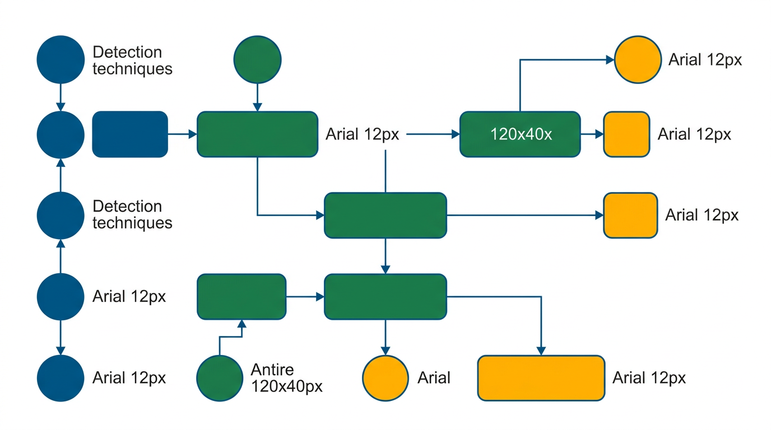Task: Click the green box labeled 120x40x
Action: click(x=520, y=134)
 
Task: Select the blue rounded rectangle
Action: click(x=130, y=134)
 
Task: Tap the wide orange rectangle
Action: click(x=541, y=378)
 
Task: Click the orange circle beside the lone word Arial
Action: click(x=386, y=378)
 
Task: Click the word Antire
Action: click(x=272, y=370)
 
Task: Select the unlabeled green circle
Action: click(x=257, y=59)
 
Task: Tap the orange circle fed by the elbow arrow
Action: click(x=638, y=59)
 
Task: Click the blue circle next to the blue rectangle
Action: click(x=61, y=134)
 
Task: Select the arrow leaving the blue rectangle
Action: click(x=182, y=134)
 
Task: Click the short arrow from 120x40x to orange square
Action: click(x=592, y=134)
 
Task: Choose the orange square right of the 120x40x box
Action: click(x=626, y=134)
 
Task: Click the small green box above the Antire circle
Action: click(x=241, y=296)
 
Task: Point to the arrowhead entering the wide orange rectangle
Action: click(x=541, y=350)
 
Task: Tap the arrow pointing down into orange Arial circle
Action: click(x=386, y=338)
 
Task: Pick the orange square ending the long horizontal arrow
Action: click(x=630, y=215)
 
